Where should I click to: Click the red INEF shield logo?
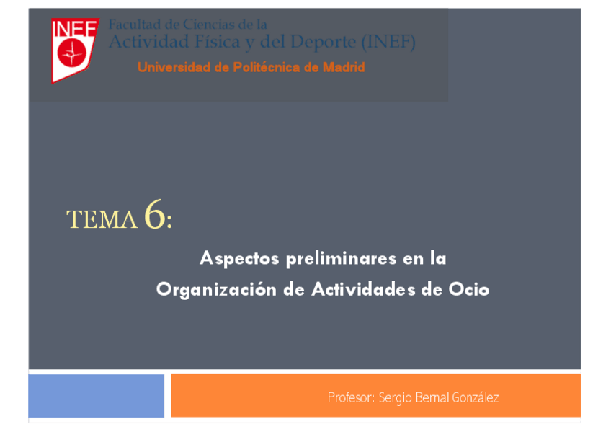click(x=73, y=50)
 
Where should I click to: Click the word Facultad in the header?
click(x=132, y=25)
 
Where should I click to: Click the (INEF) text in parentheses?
click(x=388, y=43)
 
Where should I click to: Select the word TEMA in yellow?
click(x=102, y=220)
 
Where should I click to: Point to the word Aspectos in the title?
click(x=238, y=258)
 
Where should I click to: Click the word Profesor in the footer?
click(x=349, y=398)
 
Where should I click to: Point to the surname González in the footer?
click(x=475, y=398)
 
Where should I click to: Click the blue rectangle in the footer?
click(x=96, y=395)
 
